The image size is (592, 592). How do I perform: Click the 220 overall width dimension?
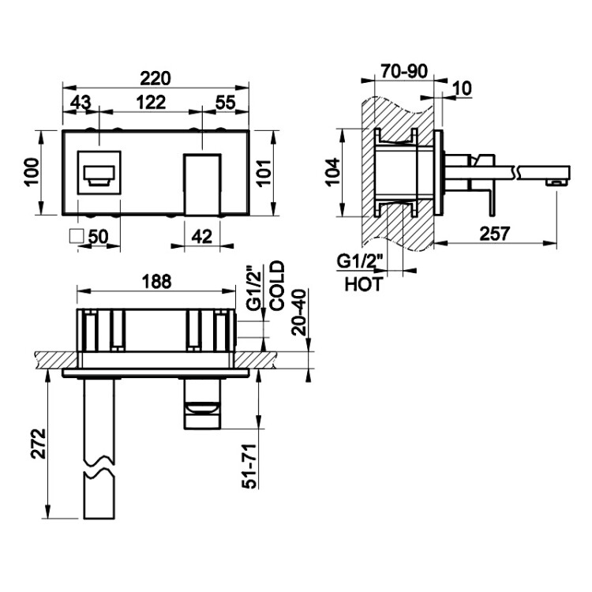(155, 78)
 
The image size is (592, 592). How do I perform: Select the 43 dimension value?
(81, 103)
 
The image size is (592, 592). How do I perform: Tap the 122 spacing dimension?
(151, 103)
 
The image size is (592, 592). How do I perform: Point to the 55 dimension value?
(226, 103)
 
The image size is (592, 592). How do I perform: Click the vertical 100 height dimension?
(32, 172)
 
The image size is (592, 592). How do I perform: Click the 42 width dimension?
(202, 237)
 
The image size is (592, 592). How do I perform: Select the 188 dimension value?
(156, 282)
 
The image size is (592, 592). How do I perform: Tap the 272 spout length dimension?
(38, 444)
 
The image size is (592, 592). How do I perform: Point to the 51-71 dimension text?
(249, 466)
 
